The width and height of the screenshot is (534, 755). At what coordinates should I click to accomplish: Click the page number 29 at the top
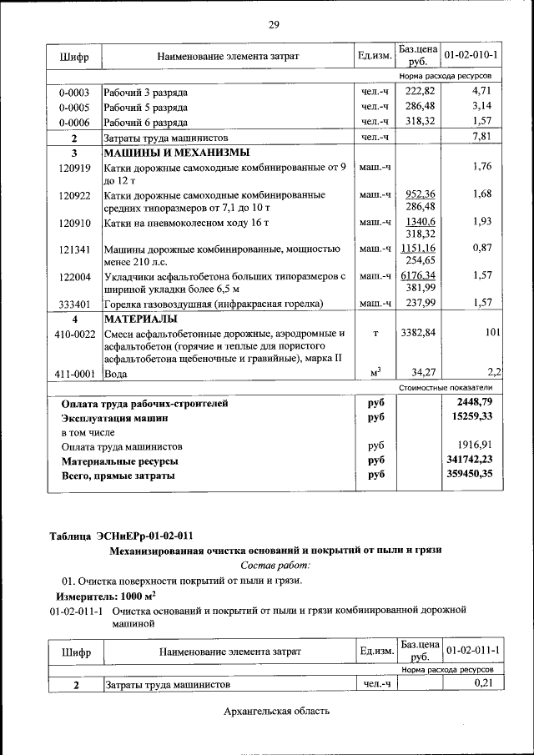coord(273,25)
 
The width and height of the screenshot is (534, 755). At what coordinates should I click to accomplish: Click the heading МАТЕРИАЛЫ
coord(139,319)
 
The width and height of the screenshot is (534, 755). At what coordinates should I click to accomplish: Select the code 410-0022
coord(74,334)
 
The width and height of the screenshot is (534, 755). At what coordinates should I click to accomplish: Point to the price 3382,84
coord(418,334)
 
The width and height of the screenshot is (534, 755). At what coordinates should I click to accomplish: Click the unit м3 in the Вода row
coord(375,372)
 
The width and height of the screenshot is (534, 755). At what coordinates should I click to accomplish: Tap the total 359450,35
coord(470,475)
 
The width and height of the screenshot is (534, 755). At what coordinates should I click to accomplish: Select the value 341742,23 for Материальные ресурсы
coord(470,460)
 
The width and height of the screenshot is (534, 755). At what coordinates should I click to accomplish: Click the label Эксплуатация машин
coord(114,417)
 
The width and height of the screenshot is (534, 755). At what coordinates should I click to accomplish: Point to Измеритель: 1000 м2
coord(106,596)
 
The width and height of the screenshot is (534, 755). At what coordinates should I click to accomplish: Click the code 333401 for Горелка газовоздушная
coord(74,305)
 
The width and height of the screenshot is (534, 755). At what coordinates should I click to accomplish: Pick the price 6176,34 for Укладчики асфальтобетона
coord(418,274)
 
